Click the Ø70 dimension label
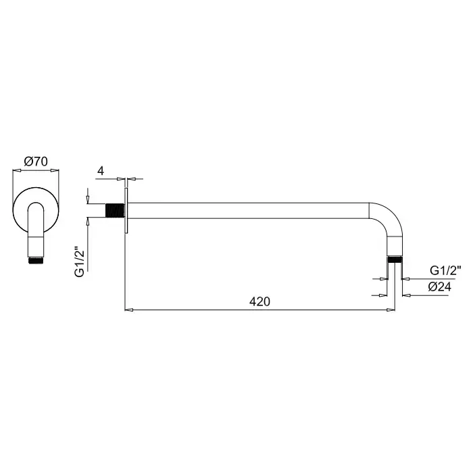pyautogui.click(x=36, y=161)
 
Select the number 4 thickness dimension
pyautogui.click(x=101, y=171)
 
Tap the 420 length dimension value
pyautogui.click(x=259, y=301)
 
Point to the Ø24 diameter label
pyautogui.click(x=439, y=287)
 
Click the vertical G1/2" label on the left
pyautogui.click(x=79, y=262)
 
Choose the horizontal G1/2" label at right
pyautogui.click(x=445, y=270)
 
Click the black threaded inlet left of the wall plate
pyautogui.click(x=115, y=210)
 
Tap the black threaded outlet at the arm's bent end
pyautogui.click(x=395, y=259)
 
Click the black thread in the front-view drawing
pyautogui.click(x=36, y=260)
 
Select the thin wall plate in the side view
pyautogui.click(x=126, y=210)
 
